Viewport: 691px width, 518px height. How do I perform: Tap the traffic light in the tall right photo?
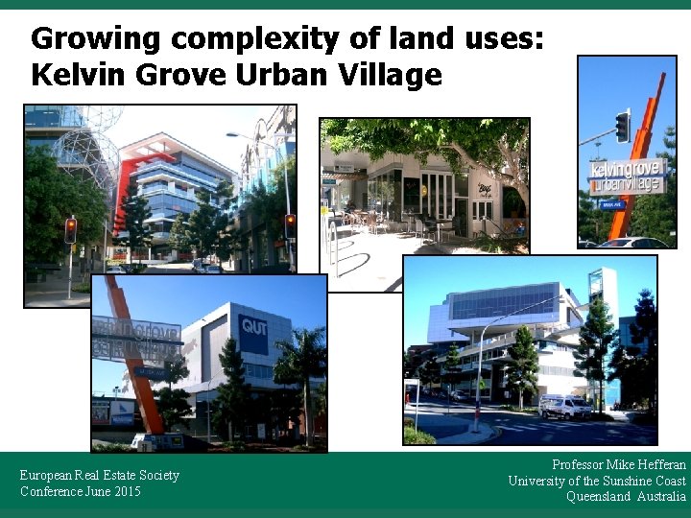(x=623, y=126)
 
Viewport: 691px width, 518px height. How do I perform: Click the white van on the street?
(x=564, y=407)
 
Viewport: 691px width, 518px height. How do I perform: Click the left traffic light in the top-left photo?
(x=70, y=230)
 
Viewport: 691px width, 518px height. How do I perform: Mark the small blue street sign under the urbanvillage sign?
(x=611, y=204)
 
